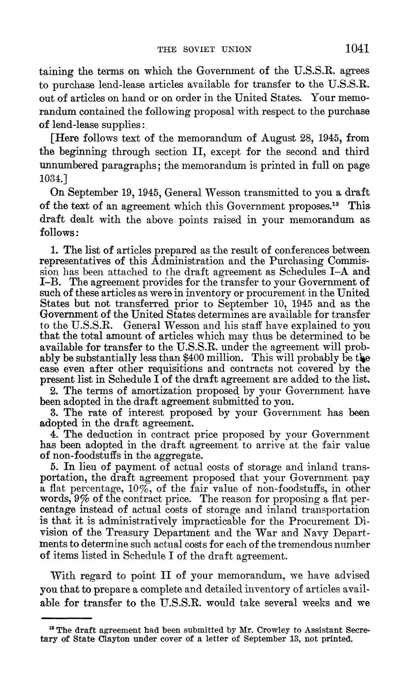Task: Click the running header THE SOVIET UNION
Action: click(x=204, y=49)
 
